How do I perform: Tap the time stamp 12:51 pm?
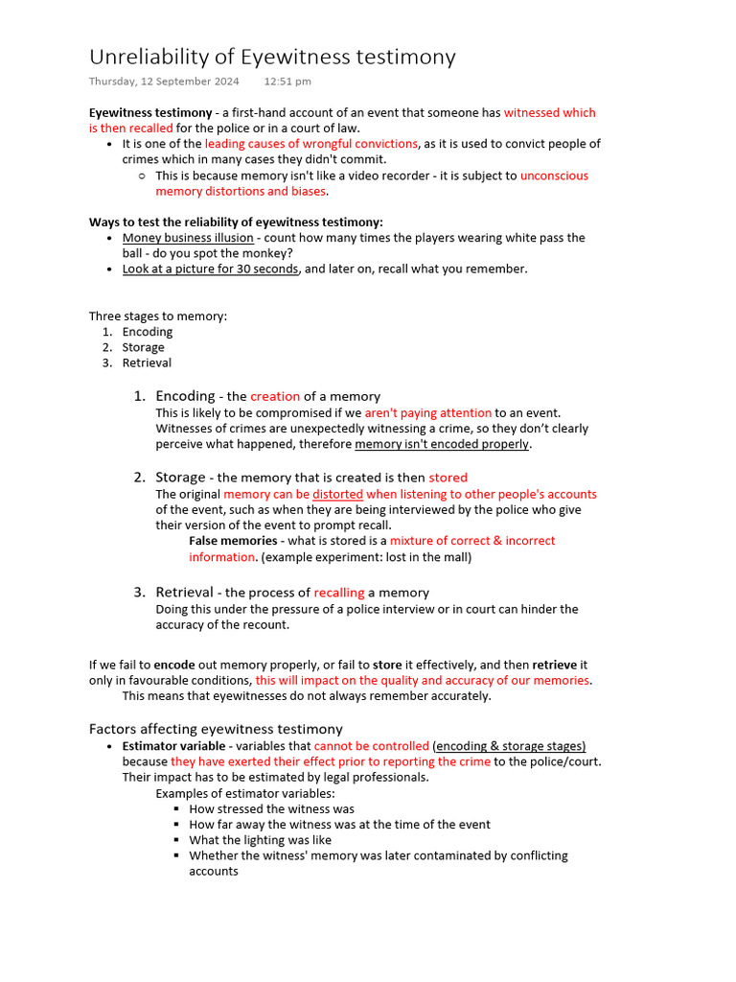[287, 82]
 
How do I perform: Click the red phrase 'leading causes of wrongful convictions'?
[311, 144]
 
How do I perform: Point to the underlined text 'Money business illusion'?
[188, 238]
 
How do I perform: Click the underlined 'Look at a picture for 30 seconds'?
[210, 269]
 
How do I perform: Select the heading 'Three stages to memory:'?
[158, 316]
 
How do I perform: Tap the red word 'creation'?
[275, 396]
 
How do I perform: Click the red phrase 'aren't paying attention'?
[428, 413]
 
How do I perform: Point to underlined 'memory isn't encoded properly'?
[442, 444]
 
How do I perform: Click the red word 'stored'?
[448, 478]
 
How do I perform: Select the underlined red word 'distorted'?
[337, 495]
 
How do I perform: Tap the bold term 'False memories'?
[233, 541]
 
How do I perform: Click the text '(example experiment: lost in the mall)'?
[366, 557]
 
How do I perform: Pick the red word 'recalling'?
[340, 593]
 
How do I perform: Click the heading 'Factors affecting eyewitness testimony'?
[216, 729]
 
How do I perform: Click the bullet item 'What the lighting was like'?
[260, 840]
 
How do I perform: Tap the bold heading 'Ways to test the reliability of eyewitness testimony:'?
[236, 222]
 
